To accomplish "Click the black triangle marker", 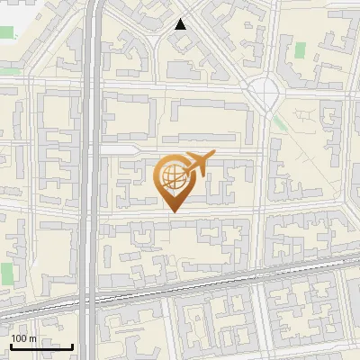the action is pyautogui.click(x=181, y=24).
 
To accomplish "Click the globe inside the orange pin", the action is pyautogui.click(x=174, y=176).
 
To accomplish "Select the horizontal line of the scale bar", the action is pyautogui.click(x=41, y=346).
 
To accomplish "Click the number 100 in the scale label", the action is pyautogui.click(x=20, y=337).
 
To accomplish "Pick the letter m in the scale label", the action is pyautogui.click(x=32, y=337).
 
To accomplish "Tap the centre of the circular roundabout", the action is pyautogui.click(x=264, y=89).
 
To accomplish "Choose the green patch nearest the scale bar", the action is pyautogui.click(x=7, y=272).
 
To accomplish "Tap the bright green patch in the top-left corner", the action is pyautogui.click(x=6, y=32).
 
